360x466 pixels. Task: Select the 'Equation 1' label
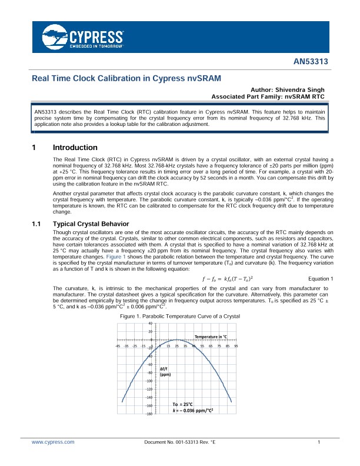[321, 278]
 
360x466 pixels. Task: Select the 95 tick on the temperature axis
[235, 346]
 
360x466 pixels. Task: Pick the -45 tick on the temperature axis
[118, 346]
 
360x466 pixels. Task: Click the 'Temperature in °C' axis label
[207, 336]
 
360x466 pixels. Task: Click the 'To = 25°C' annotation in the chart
[184, 404]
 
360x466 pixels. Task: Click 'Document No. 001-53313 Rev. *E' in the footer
[179, 441]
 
